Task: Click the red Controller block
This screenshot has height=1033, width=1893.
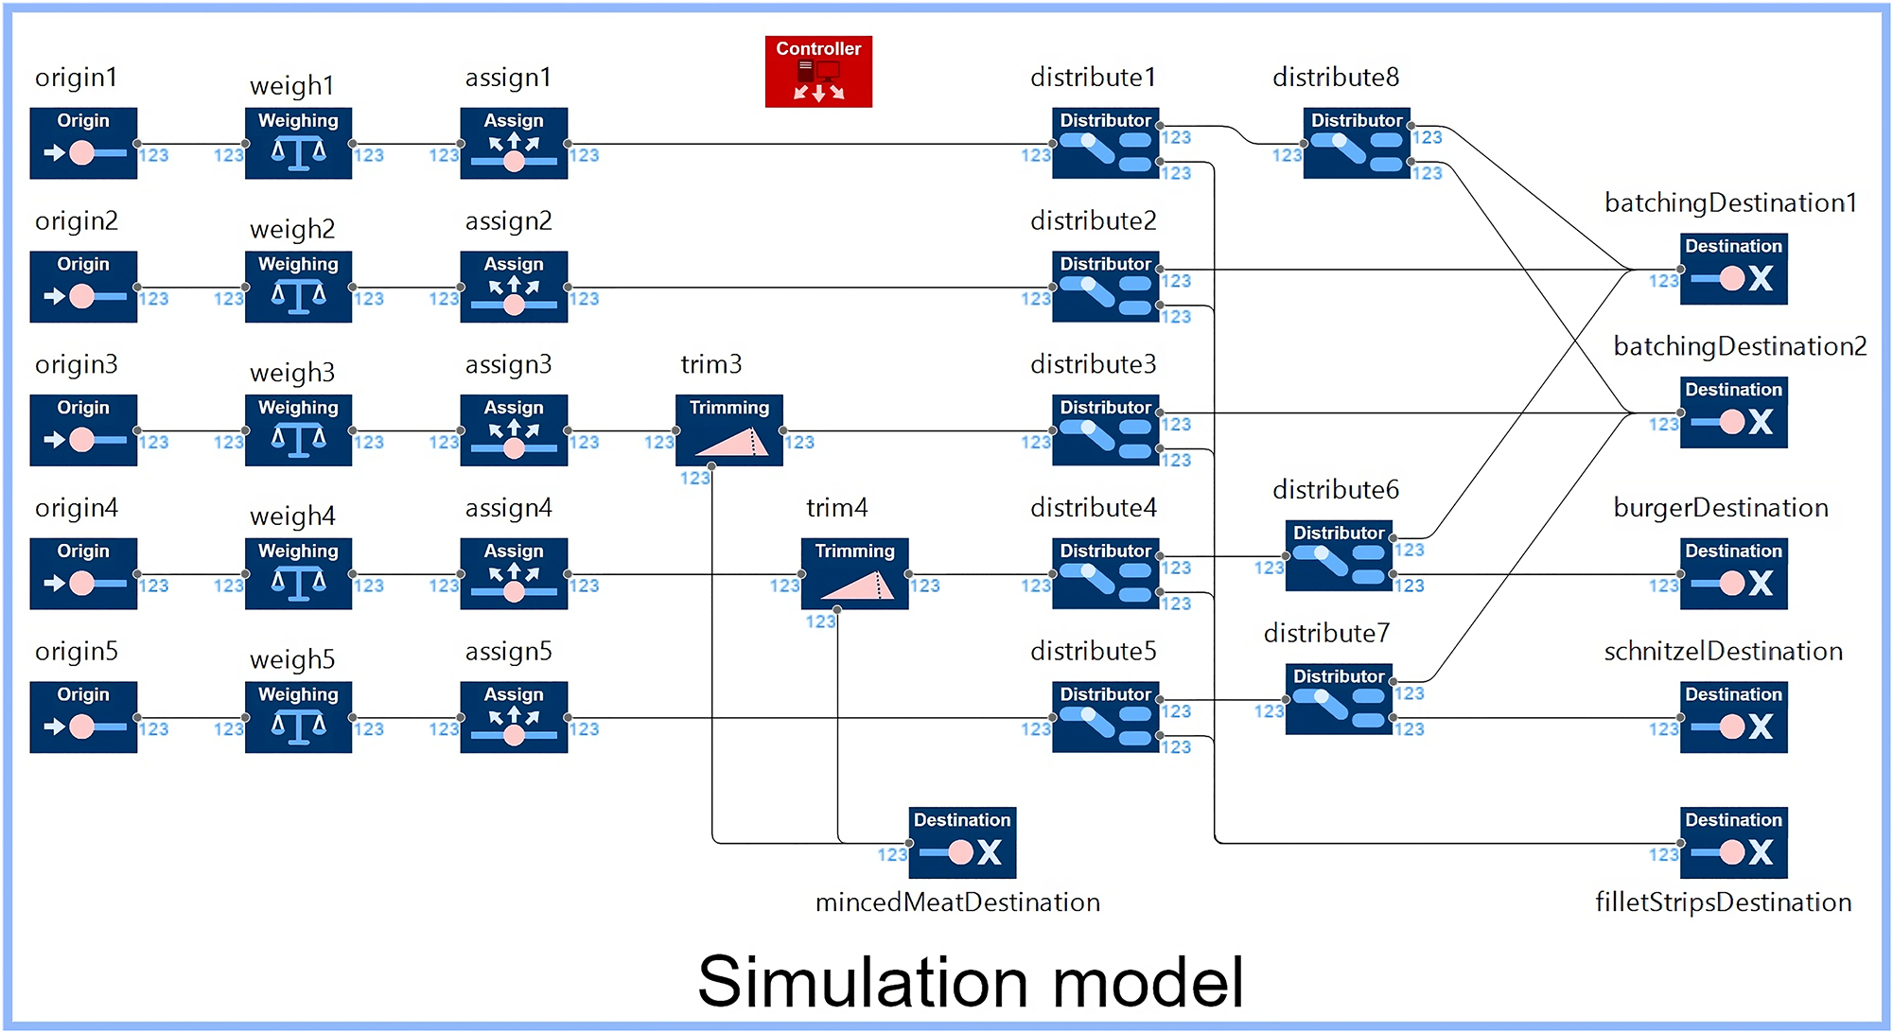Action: point(818,71)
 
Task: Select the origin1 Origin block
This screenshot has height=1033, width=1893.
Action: point(83,143)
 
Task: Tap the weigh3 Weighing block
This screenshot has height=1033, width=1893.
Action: point(298,430)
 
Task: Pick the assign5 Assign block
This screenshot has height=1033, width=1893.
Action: point(514,717)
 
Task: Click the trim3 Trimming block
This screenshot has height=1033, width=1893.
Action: point(728,430)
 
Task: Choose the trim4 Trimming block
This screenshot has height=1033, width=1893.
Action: point(854,573)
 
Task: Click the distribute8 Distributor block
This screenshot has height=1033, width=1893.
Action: point(1357,143)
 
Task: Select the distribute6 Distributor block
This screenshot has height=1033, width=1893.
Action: point(1339,555)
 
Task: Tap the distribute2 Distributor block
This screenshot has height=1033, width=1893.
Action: point(1105,287)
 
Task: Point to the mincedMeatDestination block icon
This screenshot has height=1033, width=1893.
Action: point(962,842)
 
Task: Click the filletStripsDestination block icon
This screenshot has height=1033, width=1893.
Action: point(1733,842)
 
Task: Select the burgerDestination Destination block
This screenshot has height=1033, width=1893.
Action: point(1733,573)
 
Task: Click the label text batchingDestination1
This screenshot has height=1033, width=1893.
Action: point(1730,203)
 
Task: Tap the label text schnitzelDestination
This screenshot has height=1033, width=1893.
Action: point(1723,652)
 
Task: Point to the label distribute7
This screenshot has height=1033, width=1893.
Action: point(1326,633)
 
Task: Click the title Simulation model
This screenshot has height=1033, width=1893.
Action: point(970,982)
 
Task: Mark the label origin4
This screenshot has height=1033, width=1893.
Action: point(77,508)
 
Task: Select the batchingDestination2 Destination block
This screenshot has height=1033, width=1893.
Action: point(1733,412)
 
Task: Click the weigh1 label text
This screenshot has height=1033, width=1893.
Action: point(291,86)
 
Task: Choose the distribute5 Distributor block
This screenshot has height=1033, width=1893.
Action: point(1105,717)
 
